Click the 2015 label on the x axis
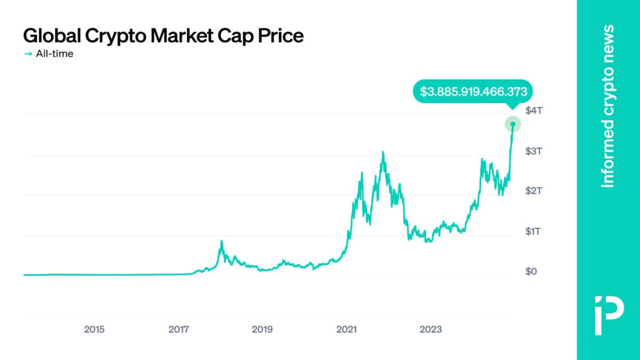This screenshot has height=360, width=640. pos(94,329)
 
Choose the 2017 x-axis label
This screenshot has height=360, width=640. pos(179,329)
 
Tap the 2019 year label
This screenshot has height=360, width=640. pos(262,329)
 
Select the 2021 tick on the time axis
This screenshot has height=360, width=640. pos(347,329)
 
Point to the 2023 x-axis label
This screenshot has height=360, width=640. pos(430,329)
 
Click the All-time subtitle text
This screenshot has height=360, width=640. pos(54,54)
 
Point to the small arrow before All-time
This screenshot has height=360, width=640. pos(28,54)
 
